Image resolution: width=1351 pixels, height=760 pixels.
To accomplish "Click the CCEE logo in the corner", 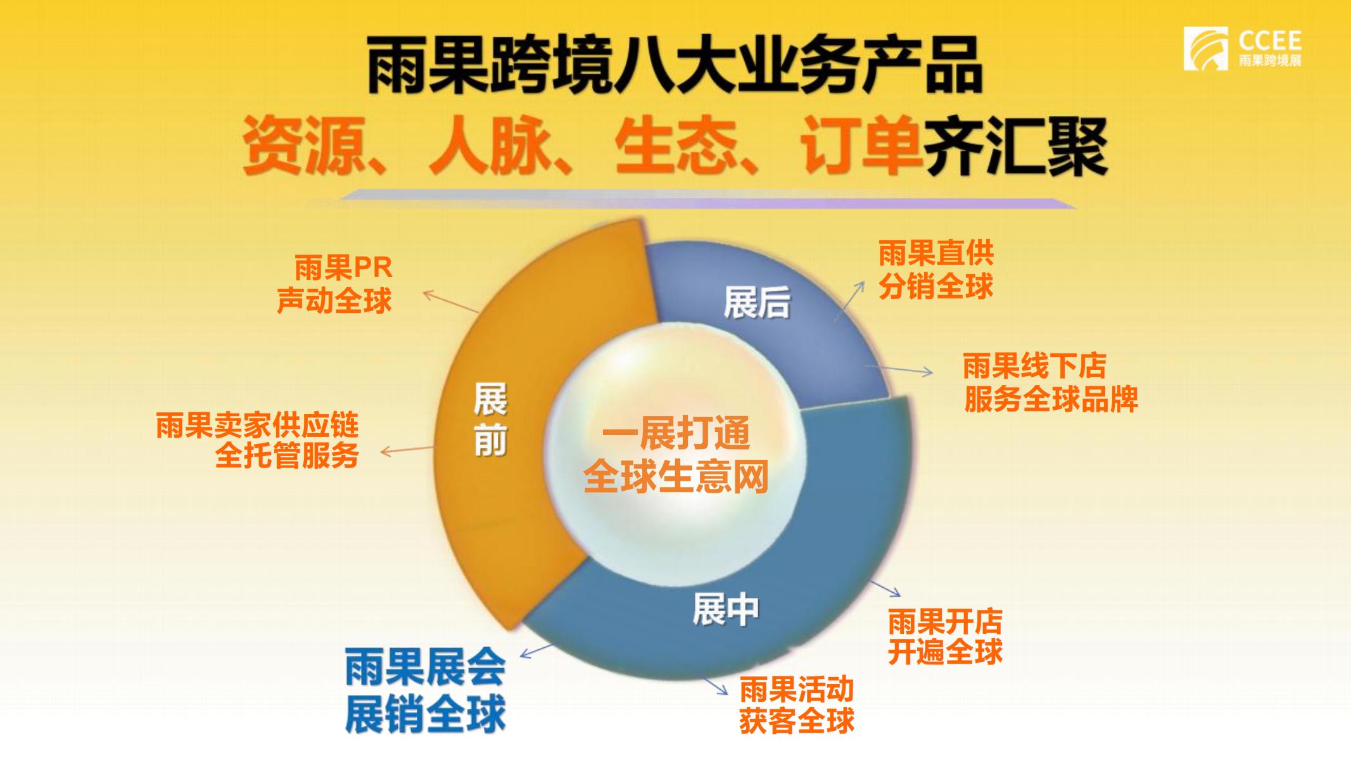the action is pos(1242,49).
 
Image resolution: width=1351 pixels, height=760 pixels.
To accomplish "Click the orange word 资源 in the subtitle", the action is pos(306,146).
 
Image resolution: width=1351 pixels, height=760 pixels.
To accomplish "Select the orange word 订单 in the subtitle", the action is pos(860,146).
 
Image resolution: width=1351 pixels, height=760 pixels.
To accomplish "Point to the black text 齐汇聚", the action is pos(1014,146).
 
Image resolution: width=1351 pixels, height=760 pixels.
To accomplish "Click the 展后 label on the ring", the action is pos(757,302).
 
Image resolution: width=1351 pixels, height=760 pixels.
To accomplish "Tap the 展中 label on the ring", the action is pos(725,609).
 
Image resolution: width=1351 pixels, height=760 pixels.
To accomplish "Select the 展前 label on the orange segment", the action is pos(490,419).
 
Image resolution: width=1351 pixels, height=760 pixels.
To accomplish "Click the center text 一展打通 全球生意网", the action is pos(676,454).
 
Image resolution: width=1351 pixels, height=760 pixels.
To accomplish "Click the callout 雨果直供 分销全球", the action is pos(936,270).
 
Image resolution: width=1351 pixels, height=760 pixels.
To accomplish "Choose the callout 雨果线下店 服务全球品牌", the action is pos(1051,383).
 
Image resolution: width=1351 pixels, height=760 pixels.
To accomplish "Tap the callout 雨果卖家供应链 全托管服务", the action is pos(257,440).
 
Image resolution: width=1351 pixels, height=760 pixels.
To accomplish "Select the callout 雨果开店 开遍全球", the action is pos(945,636).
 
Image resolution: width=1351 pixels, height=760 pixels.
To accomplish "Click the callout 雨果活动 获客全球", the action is pos(797,706).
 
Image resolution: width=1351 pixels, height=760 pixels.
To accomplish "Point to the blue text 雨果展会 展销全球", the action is pos(425,690).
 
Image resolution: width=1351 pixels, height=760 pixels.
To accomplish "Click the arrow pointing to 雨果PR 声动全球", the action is pos(450,301).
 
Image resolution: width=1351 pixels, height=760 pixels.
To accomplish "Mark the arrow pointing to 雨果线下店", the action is pos(899,369).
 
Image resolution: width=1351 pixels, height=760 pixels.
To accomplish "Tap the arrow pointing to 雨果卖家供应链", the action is pos(407,450).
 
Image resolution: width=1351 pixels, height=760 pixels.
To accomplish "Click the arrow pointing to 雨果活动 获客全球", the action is pos(715,686).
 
